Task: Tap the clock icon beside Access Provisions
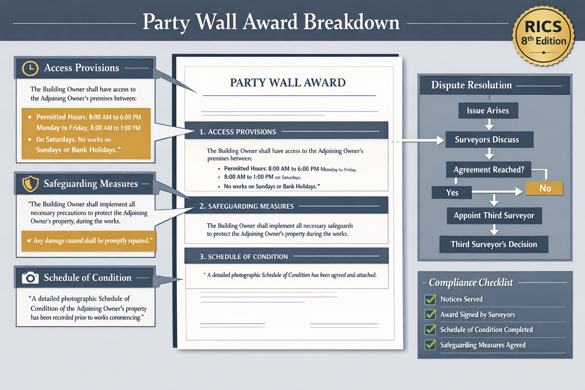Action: pyautogui.click(x=30, y=68)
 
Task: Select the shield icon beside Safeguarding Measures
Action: pyautogui.click(x=30, y=184)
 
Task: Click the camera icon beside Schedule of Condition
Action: pyautogui.click(x=30, y=278)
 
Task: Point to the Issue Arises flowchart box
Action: pyautogui.click(x=488, y=110)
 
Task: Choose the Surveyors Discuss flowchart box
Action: pyautogui.click(x=489, y=140)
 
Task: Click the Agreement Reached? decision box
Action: pyautogui.click(x=489, y=170)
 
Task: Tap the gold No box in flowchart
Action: pyautogui.click(x=545, y=188)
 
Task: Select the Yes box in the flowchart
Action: pyautogui.click(x=452, y=193)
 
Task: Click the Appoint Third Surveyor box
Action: pyautogui.click(x=494, y=216)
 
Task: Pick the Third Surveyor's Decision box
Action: pyautogui.click(x=494, y=245)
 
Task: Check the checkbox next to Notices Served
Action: pyautogui.click(x=430, y=299)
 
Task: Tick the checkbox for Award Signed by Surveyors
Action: pyautogui.click(x=430, y=315)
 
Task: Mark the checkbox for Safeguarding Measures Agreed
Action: pyautogui.click(x=430, y=345)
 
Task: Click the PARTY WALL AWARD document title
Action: pyautogui.click(x=288, y=83)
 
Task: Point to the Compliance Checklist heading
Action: pyautogui.click(x=471, y=283)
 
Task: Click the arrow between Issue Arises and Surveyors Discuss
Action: pyautogui.click(x=489, y=125)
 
